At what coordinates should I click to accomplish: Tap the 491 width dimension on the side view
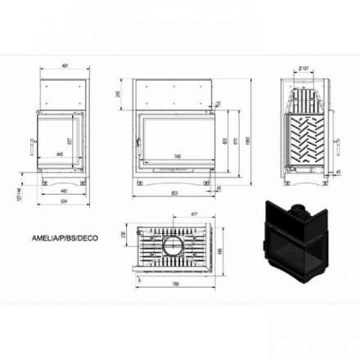(63, 66)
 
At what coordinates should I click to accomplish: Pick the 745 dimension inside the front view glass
(177, 156)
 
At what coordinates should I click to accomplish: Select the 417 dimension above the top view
(193, 216)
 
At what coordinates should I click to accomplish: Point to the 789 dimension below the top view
(176, 283)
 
